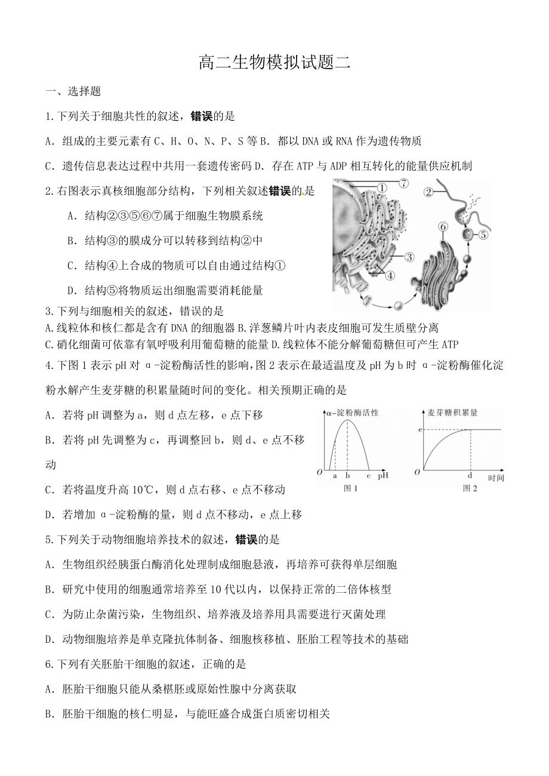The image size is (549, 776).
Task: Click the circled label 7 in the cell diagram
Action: point(403,183)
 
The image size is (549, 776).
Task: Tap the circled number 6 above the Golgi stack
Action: point(442,227)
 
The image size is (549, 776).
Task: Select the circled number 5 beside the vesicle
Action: point(483,235)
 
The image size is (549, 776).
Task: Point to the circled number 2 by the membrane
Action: point(428,192)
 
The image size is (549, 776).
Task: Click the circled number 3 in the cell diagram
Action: point(409,257)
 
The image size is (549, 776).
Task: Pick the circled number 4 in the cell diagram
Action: point(389,275)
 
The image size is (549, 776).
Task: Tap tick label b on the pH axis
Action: point(347,476)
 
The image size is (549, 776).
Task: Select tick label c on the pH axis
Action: point(368,476)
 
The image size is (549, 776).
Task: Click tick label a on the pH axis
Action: point(334,476)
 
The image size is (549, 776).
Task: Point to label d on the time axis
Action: point(470,476)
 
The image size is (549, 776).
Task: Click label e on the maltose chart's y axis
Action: point(420,430)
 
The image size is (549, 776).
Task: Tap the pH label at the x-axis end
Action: point(383,476)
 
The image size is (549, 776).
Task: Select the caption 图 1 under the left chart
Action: point(350,488)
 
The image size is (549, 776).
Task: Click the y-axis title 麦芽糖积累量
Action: point(453,412)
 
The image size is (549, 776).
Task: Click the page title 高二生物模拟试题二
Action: point(274,63)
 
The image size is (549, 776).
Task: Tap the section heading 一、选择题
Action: point(73,91)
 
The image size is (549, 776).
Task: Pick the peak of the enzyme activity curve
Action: point(347,421)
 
